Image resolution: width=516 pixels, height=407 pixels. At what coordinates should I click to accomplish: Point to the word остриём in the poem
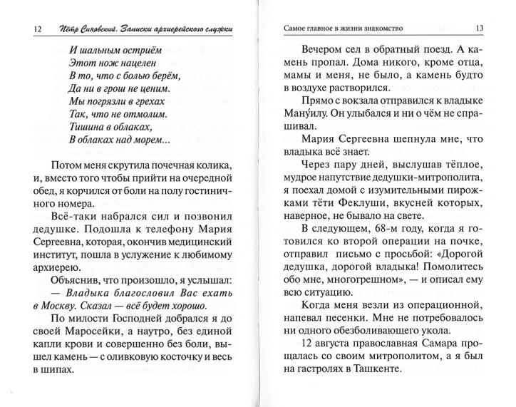[142, 51]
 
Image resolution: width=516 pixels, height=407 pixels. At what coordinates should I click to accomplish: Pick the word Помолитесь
[429, 277]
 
